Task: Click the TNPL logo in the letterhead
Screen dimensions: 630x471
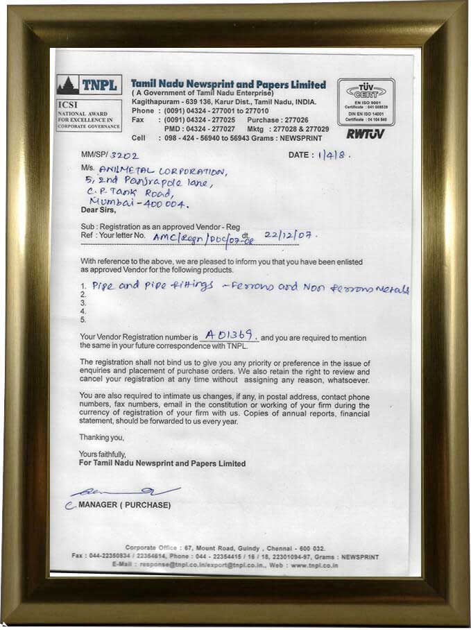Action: (89, 85)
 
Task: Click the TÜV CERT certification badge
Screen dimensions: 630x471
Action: (366, 101)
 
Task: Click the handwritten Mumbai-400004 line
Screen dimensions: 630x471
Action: (143, 204)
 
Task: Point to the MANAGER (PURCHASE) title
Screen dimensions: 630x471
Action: (124, 504)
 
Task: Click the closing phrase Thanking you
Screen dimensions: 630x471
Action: (102, 437)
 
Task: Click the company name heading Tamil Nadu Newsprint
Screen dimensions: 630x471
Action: (228, 85)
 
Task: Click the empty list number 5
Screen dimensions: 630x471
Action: (83, 320)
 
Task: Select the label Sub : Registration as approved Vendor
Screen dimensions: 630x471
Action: (160, 227)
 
